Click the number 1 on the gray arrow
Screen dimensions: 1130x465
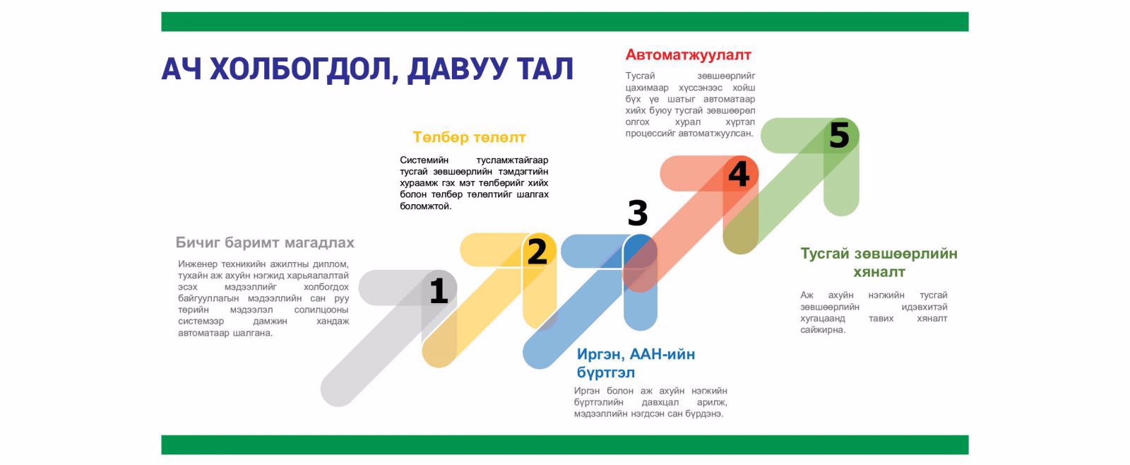point(439,290)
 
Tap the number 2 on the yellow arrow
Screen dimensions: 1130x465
point(537,252)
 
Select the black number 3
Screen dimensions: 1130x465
point(638,213)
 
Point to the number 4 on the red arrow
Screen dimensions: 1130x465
point(739,174)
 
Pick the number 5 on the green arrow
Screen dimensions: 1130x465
point(840,135)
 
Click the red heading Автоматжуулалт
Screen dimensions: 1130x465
point(688,54)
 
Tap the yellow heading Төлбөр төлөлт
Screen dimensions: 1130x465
point(469,137)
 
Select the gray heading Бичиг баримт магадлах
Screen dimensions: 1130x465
point(265,243)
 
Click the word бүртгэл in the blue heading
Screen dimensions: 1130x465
point(606,373)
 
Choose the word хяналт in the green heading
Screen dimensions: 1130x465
point(879,272)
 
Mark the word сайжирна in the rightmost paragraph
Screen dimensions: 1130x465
point(822,330)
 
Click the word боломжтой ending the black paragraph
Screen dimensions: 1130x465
point(425,206)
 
